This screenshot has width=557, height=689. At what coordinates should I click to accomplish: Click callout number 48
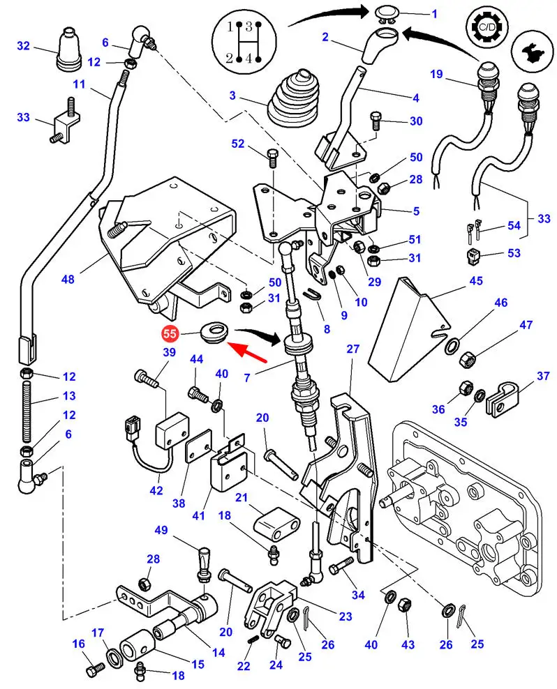68,280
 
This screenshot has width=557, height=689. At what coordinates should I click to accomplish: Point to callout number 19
436,74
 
